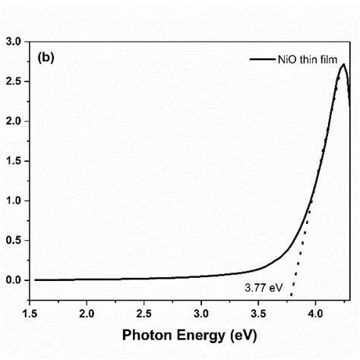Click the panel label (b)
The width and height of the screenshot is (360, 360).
pos(47,57)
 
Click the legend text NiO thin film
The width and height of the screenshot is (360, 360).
pos(304,58)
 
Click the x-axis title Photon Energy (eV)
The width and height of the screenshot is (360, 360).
pos(190,335)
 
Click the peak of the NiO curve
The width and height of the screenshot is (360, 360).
pos(343,65)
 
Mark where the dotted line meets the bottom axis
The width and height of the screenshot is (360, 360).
pos(290,299)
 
